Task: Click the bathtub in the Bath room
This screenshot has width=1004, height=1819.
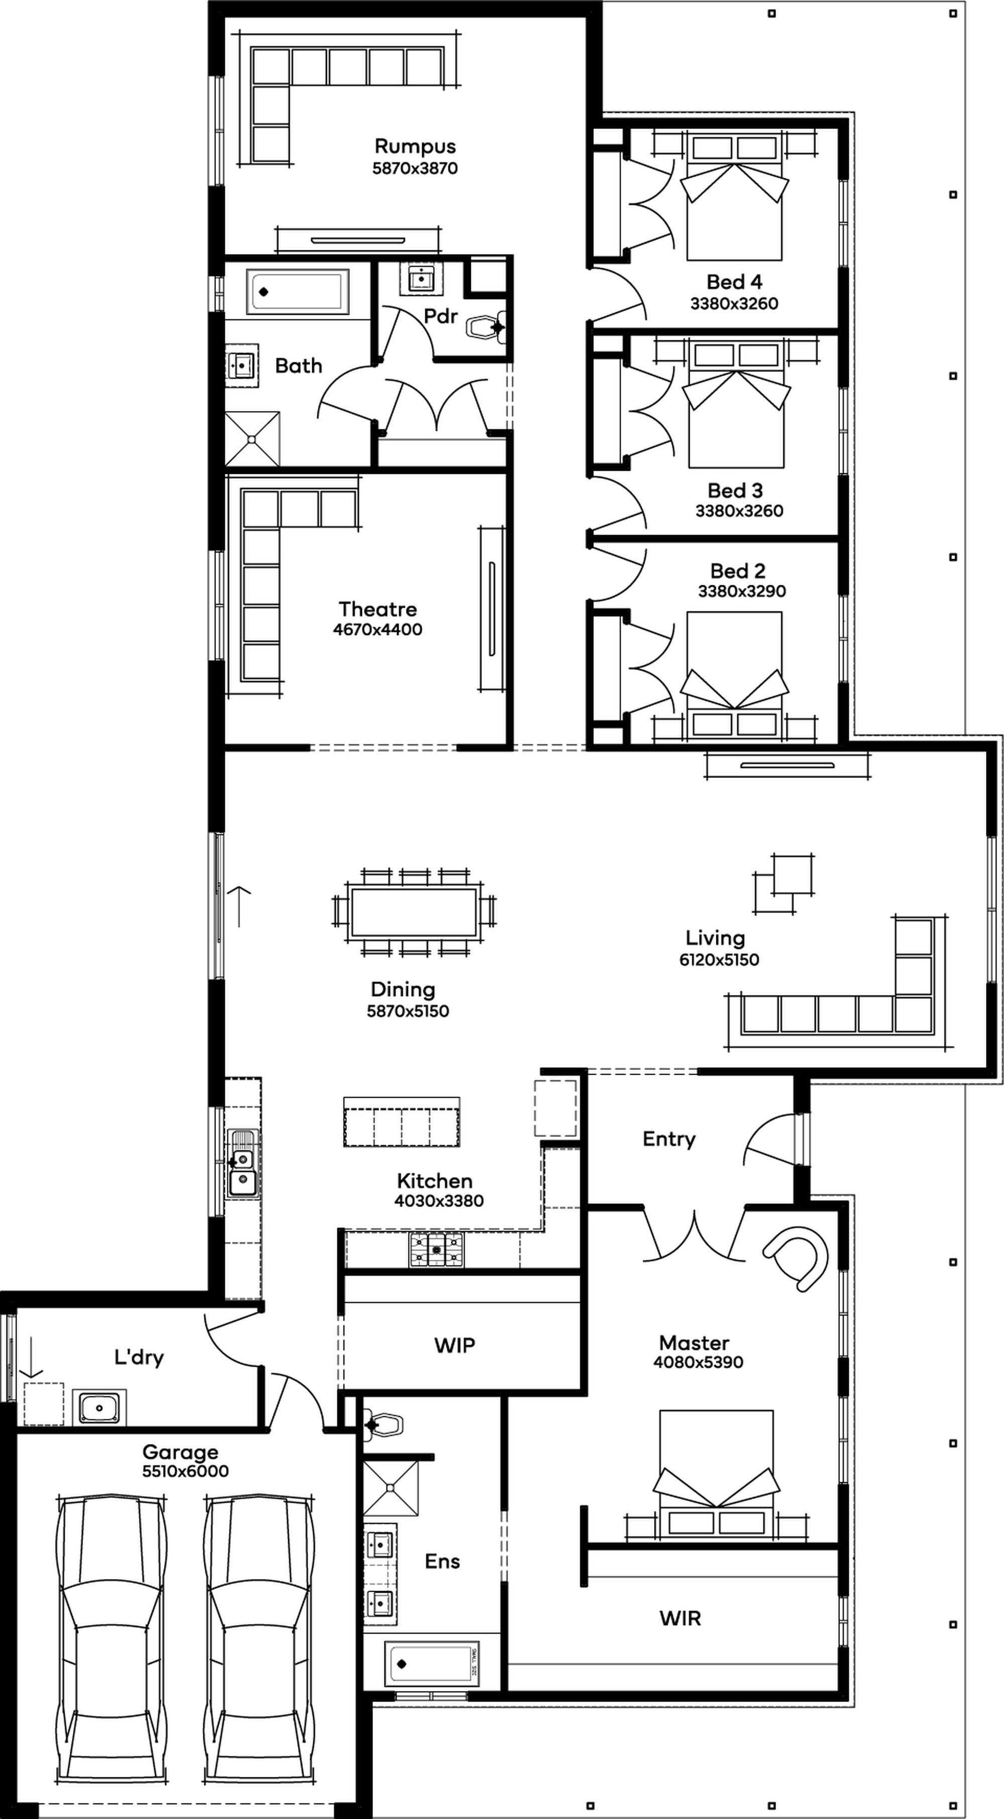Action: click(297, 291)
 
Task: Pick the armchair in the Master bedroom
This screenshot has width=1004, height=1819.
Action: click(796, 1258)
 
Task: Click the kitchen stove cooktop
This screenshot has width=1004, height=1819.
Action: click(436, 1250)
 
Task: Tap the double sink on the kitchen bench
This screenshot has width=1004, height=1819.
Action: click(241, 1163)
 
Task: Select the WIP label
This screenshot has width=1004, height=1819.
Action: click(455, 1345)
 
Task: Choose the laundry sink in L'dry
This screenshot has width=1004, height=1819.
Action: click(99, 1408)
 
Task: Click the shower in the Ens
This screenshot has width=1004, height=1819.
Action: click(391, 1487)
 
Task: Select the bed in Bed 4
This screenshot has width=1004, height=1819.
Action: click(734, 196)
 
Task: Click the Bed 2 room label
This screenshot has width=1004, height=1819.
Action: click(738, 571)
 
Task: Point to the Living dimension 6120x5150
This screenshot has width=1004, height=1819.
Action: click(719, 960)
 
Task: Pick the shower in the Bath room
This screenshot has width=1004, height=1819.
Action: click(252, 439)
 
